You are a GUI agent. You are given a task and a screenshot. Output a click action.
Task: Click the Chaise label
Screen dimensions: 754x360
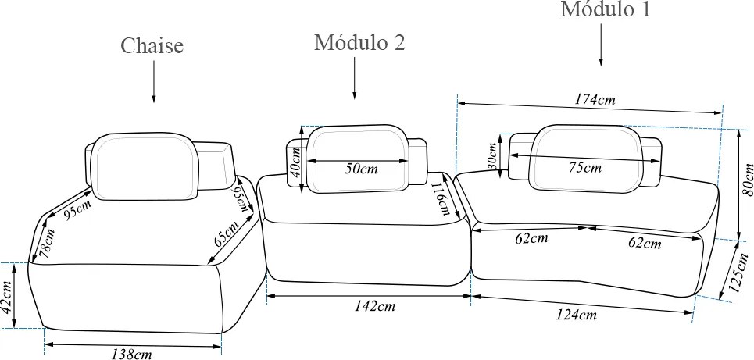click(152, 46)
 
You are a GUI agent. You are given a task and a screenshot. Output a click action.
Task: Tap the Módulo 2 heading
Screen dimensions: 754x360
click(359, 42)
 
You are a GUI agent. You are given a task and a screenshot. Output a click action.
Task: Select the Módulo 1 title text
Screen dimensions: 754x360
click(606, 9)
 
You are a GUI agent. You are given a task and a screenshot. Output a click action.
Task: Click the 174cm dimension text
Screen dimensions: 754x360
click(595, 99)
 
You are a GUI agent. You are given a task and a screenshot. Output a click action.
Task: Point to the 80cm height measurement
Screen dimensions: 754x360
click(747, 180)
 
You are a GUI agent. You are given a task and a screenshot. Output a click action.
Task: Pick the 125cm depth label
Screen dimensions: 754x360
click(739, 273)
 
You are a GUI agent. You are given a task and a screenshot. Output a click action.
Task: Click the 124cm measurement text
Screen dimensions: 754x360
click(577, 315)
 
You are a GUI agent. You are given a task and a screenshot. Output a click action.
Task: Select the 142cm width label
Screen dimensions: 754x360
click(375, 306)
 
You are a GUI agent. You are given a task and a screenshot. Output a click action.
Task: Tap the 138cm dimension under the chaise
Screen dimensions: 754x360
click(132, 355)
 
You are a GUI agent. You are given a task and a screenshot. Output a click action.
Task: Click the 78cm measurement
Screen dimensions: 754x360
click(47, 244)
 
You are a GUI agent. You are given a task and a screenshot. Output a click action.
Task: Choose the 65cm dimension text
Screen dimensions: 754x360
click(226, 233)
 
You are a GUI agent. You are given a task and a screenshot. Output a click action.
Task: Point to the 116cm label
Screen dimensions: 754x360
click(440, 199)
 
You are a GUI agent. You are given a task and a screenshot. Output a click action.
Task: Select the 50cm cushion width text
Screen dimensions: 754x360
click(361, 169)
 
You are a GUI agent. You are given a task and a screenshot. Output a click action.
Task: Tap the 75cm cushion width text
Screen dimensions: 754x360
click(584, 167)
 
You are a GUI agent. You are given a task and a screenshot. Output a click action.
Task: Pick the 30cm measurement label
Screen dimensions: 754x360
click(492, 156)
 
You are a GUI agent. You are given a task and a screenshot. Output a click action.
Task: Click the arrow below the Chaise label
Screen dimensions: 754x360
click(154, 81)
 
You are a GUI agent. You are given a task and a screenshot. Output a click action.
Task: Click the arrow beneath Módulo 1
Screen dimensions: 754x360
click(601, 45)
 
